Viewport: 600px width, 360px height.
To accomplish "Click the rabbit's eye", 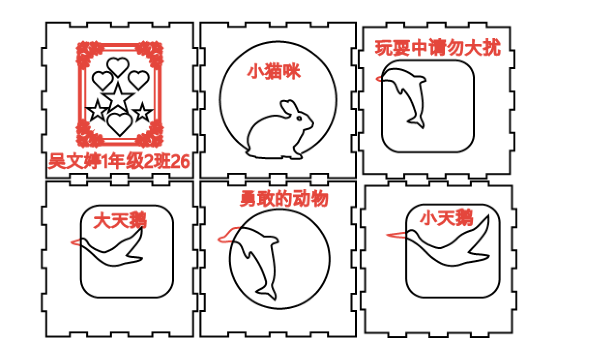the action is [299, 118].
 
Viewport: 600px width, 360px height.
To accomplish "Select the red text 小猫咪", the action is [274, 72].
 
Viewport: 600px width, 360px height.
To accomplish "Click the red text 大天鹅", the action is [120, 220].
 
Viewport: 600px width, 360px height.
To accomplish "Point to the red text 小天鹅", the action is [446, 217].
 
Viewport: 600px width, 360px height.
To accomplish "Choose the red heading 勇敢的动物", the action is [284, 199].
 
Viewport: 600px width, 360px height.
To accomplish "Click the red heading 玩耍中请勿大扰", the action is [438, 48].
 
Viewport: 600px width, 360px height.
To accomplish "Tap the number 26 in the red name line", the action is [180, 161].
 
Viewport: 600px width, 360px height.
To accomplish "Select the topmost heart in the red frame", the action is [118, 67].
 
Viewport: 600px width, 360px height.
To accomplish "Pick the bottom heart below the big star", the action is [120, 124].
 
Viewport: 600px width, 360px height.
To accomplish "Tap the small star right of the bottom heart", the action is [143, 112].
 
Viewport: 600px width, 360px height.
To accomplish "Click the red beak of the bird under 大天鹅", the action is [76, 242].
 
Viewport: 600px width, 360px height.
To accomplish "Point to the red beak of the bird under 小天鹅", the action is [396, 235].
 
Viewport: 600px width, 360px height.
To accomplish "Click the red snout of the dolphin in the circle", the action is [228, 235].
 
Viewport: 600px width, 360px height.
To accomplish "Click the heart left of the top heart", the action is [102, 80].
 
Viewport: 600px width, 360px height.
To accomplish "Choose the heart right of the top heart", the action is [138, 80].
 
